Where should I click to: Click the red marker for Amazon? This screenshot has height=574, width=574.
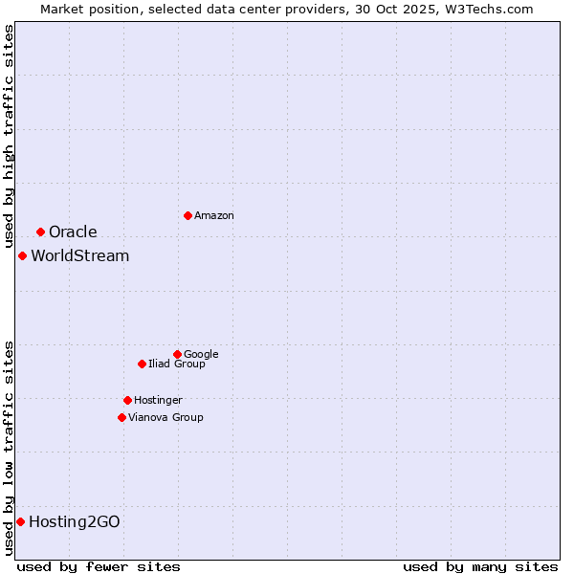pos(188,215)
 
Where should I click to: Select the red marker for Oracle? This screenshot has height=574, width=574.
pos(40,232)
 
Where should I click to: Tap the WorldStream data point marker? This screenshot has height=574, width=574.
pos(22,255)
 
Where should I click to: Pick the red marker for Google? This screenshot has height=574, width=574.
pos(177,354)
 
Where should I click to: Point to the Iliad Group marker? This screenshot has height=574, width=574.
pos(142,364)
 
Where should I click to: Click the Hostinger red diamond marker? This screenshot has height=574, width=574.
pos(127,400)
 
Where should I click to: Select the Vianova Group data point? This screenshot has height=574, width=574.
pos(121,417)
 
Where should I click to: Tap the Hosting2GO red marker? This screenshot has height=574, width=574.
pos(20,521)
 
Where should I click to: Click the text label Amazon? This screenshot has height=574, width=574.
pos(214,216)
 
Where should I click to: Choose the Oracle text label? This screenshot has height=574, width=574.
pos(73,232)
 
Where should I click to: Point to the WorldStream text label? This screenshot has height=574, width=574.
pos(79,256)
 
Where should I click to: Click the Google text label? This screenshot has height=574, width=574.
pos(201,355)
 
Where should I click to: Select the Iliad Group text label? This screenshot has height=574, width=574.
pos(177,364)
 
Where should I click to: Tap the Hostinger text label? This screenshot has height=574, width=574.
pos(158,401)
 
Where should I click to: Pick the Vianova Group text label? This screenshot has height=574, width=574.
pos(166,418)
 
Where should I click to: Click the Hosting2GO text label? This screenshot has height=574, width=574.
pos(75,522)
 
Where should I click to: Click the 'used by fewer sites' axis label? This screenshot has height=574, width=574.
pos(99,566)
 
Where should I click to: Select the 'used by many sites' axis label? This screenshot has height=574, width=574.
pos(480,566)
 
